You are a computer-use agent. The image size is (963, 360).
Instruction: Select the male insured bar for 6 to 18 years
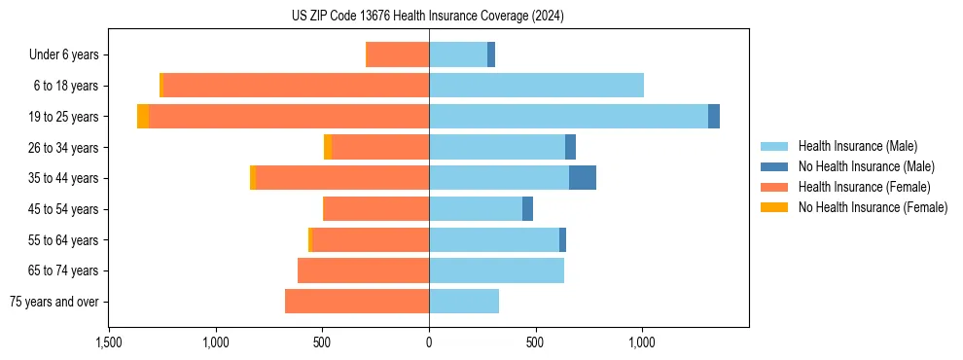pyautogui.click(x=536, y=86)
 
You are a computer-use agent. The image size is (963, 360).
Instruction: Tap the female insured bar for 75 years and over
pyautogui.click(x=357, y=302)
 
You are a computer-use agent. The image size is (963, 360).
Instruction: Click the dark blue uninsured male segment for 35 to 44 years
pyautogui.click(x=582, y=178)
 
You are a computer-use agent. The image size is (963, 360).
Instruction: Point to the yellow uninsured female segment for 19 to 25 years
pyautogui.click(x=143, y=117)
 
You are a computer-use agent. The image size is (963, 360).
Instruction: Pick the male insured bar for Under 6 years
pyautogui.click(x=458, y=54)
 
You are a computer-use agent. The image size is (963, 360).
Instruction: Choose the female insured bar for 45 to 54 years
pyautogui.click(x=375, y=209)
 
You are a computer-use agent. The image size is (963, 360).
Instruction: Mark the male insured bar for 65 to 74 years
pyautogui.click(x=496, y=270)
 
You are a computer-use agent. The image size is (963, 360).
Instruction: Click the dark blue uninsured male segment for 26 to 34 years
pyautogui.click(x=570, y=147)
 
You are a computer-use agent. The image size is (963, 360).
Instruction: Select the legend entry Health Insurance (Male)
pyautogui.click(x=857, y=146)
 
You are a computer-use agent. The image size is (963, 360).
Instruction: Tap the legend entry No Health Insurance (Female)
pyautogui.click(x=873, y=207)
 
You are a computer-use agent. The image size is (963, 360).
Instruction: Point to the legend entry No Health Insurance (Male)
pyautogui.click(x=866, y=166)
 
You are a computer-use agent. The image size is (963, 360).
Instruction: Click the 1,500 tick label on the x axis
pyautogui.click(x=109, y=342)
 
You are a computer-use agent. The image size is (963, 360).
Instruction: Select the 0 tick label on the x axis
pyautogui.click(x=429, y=342)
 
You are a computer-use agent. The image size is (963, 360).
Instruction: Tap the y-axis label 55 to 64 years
pyautogui.click(x=64, y=240)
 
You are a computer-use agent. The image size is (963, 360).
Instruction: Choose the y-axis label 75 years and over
pyautogui.click(x=53, y=302)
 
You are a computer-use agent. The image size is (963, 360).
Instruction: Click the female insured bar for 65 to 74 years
pyautogui.click(x=363, y=270)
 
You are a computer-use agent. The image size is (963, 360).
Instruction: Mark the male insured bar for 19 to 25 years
pyautogui.click(x=568, y=117)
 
